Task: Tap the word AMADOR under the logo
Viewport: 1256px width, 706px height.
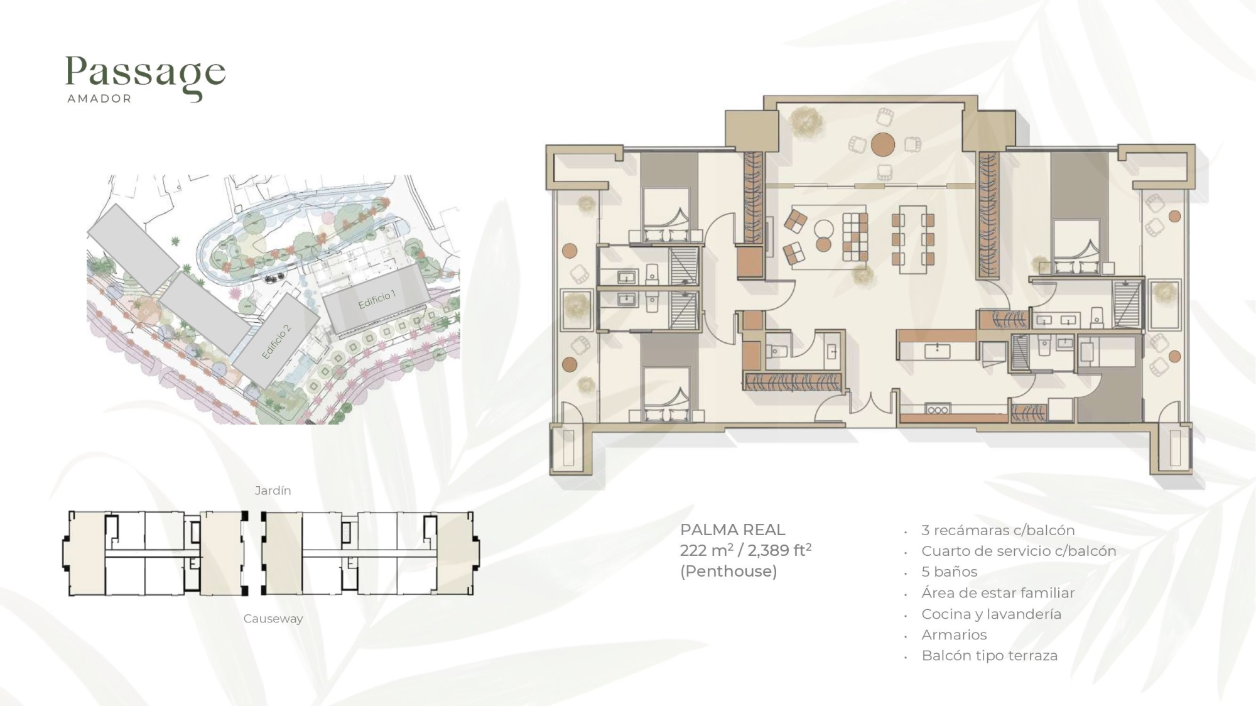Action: (x=99, y=99)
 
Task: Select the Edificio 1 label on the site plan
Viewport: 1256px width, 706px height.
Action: (x=377, y=300)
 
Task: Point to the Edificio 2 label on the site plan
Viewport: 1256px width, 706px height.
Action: (x=276, y=342)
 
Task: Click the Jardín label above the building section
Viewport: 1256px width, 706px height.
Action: (x=273, y=491)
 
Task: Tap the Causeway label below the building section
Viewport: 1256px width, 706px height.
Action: (x=273, y=619)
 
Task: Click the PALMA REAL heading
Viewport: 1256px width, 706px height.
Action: (x=733, y=529)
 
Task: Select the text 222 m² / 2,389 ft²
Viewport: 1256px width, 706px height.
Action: (x=745, y=550)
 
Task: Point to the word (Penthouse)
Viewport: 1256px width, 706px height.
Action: (x=728, y=571)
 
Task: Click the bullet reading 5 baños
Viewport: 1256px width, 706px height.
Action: (x=949, y=572)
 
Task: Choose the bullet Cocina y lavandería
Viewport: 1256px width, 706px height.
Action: (x=991, y=614)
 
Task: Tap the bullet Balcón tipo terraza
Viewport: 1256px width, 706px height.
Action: (x=989, y=655)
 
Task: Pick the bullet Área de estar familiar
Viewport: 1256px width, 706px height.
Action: (x=998, y=592)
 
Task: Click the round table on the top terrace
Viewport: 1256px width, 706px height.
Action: (x=882, y=144)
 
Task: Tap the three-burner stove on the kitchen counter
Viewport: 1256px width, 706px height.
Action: (x=937, y=410)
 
